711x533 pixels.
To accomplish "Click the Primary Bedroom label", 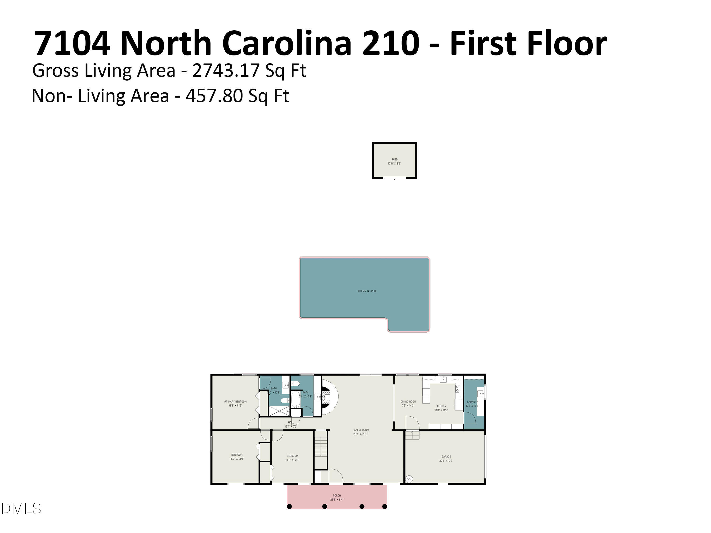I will [235, 402].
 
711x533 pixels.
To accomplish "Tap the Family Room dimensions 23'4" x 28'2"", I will [361, 434].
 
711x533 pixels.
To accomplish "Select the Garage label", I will [446, 456].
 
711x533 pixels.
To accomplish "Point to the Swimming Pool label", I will [367, 291].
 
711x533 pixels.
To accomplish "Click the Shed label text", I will [394, 159].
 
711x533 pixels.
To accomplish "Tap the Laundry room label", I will [472, 402].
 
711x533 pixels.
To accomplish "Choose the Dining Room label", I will [408, 402].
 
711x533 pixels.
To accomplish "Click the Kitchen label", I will [441, 406].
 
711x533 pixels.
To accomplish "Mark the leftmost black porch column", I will [289, 507].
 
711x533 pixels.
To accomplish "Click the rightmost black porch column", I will [384, 507].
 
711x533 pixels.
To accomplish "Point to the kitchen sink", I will [443, 379].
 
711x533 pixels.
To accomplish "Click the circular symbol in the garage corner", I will [409, 479].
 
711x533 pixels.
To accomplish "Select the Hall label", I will [291, 422].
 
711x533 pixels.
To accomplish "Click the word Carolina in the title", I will [286, 43].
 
